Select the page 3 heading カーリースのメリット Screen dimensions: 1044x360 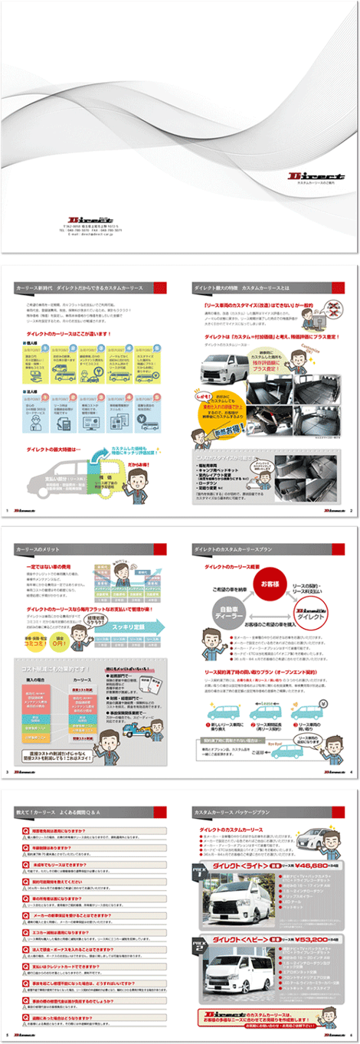click(x=47, y=550)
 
